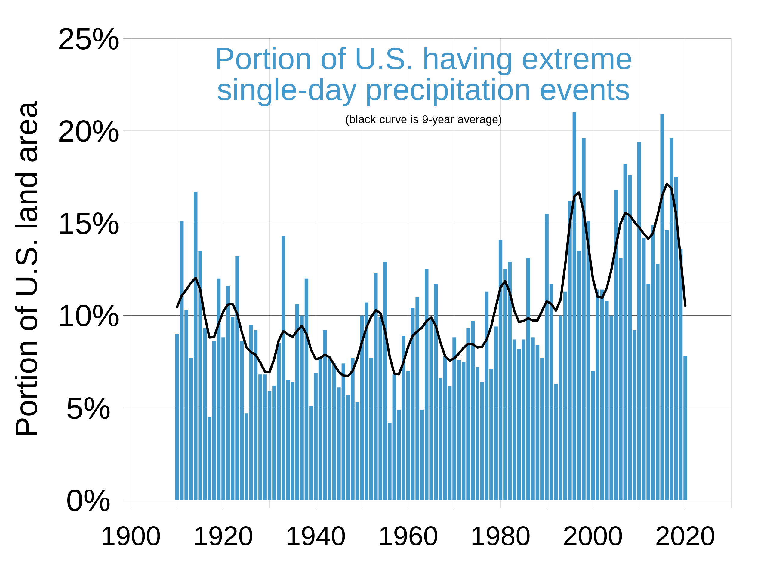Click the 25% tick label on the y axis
pos(88,39)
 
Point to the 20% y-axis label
pos(88,132)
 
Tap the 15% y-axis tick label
pos(88,224)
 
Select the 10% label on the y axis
pos(88,316)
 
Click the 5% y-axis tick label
pos(88,409)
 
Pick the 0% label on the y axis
pos(88,502)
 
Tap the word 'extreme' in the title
pos(577,60)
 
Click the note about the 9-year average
pos(423,119)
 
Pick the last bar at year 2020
pos(685,428)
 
